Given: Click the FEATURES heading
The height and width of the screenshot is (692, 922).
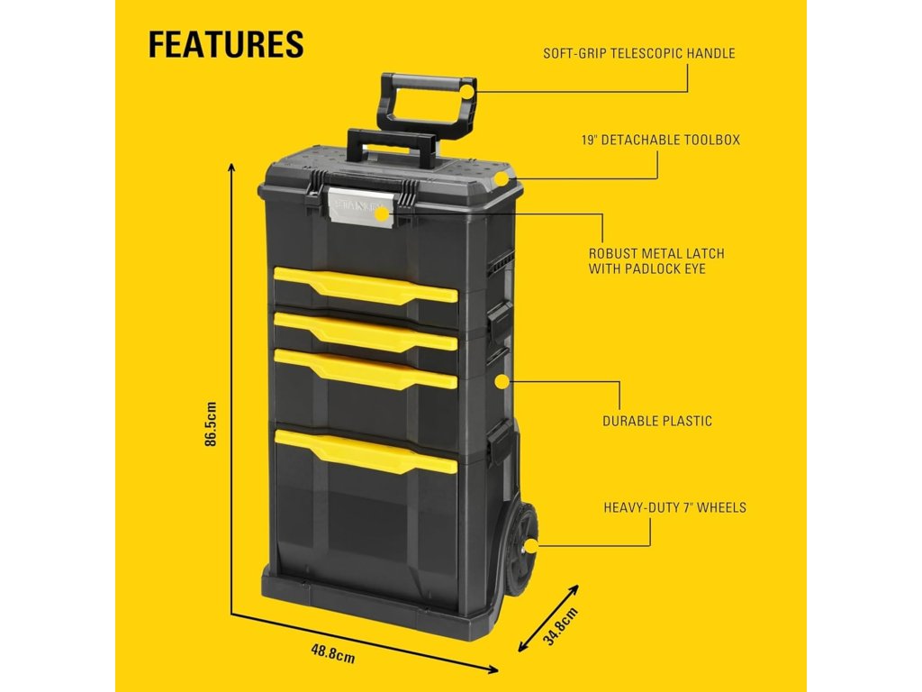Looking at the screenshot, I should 226,43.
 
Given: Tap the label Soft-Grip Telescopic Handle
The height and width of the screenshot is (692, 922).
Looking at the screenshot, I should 638,53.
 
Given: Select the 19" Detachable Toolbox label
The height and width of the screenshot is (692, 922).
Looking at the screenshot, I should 661,141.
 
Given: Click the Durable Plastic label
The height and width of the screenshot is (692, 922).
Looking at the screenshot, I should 656,421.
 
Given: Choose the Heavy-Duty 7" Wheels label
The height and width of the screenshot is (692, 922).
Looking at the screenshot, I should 674,507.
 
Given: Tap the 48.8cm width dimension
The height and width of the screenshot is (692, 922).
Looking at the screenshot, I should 333,652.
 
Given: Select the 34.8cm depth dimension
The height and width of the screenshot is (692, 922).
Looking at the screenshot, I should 559,625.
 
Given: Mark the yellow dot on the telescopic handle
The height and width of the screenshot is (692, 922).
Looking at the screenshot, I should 466,90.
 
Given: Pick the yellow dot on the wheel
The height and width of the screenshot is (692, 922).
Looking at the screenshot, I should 531,545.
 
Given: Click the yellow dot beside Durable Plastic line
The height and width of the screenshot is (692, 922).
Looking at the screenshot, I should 501,381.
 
